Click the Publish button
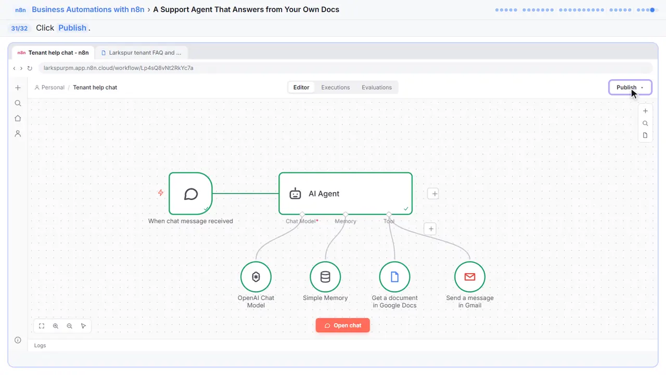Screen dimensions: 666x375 pyautogui.click(x=630, y=87)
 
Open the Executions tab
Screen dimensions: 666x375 pyautogui.click(x=336, y=87)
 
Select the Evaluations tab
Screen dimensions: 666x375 pyautogui.click(x=377, y=87)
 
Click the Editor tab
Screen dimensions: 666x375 pyautogui.click(x=301, y=87)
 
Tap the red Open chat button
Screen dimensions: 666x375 pyautogui.click(x=342, y=326)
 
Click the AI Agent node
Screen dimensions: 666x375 pyautogui.click(x=345, y=193)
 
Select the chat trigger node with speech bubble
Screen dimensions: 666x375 pyautogui.click(x=190, y=193)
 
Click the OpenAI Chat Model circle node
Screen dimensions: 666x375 pyautogui.click(x=255, y=277)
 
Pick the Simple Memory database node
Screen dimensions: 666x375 pyautogui.click(x=325, y=277)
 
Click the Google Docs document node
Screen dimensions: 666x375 pyautogui.click(x=394, y=277)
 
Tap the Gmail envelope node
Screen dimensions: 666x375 pyautogui.click(x=470, y=277)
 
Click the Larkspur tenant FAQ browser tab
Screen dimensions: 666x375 pyautogui.click(x=141, y=53)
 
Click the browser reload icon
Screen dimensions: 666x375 pyautogui.click(x=30, y=68)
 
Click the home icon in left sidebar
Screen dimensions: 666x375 pyautogui.click(x=18, y=118)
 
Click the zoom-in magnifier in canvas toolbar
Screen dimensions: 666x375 pyautogui.click(x=56, y=326)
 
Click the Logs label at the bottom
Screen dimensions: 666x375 pyautogui.click(x=40, y=345)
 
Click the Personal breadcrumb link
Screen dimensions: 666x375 pyautogui.click(x=49, y=87)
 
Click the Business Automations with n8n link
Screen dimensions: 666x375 pyautogui.click(x=88, y=9)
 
